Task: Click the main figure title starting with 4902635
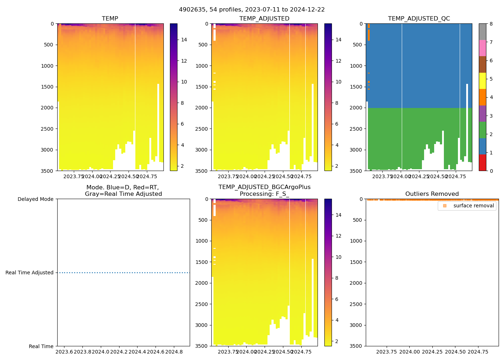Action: [x=252, y=10]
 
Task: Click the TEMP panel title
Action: [x=110, y=19]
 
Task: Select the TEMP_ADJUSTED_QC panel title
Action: [x=419, y=19]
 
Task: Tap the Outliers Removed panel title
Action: [x=432, y=194]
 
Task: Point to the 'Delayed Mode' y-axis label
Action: [x=35, y=199]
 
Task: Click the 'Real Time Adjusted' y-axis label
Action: [x=30, y=273]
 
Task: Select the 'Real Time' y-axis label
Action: [x=41, y=346]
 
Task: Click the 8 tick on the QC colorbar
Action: [x=490, y=24]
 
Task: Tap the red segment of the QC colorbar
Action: [x=482, y=163]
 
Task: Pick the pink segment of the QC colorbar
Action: [x=482, y=48]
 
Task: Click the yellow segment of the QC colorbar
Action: [x=482, y=81]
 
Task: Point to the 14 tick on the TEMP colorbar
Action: [x=184, y=40]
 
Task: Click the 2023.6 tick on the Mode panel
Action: [x=64, y=352]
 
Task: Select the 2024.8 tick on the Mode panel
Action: [x=174, y=352]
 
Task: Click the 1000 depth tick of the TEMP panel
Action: [x=47, y=66]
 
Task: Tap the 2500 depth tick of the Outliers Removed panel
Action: [x=356, y=304]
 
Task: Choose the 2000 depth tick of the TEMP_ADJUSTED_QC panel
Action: [x=356, y=108]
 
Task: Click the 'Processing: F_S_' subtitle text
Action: [x=264, y=194]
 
